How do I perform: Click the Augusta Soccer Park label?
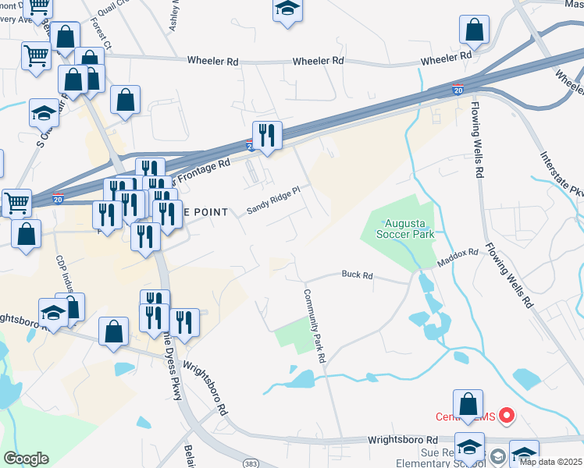pos(404,226)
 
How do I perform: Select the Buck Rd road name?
pos(358,275)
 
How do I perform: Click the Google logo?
pos(26,459)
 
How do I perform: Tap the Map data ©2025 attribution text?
pos(551,462)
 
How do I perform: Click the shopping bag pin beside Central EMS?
pos(468,405)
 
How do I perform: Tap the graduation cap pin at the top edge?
pos(287,9)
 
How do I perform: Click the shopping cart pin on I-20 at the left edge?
pos(16,203)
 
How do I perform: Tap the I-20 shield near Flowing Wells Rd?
pos(458,90)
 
